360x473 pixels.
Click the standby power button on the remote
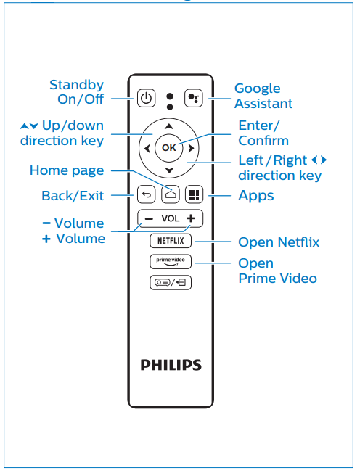point(146,97)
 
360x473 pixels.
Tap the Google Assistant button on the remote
point(192,97)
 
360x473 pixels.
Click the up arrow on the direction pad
point(169,125)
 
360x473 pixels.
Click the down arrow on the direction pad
point(169,171)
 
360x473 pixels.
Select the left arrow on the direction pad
point(147,148)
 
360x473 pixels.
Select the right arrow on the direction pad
point(191,148)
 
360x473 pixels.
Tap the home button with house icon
point(170,194)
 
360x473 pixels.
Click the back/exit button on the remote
point(146,194)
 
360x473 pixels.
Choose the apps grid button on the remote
point(194,194)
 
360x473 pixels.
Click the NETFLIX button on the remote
point(170,240)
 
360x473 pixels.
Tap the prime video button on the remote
point(170,261)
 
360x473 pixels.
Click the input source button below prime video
point(170,282)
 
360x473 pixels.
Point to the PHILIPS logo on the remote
point(171,364)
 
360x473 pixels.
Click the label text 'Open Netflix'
point(279,242)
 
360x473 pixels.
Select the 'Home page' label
point(67,170)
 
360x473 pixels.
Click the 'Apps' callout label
point(256,195)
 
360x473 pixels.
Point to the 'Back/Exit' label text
point(73,195)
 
